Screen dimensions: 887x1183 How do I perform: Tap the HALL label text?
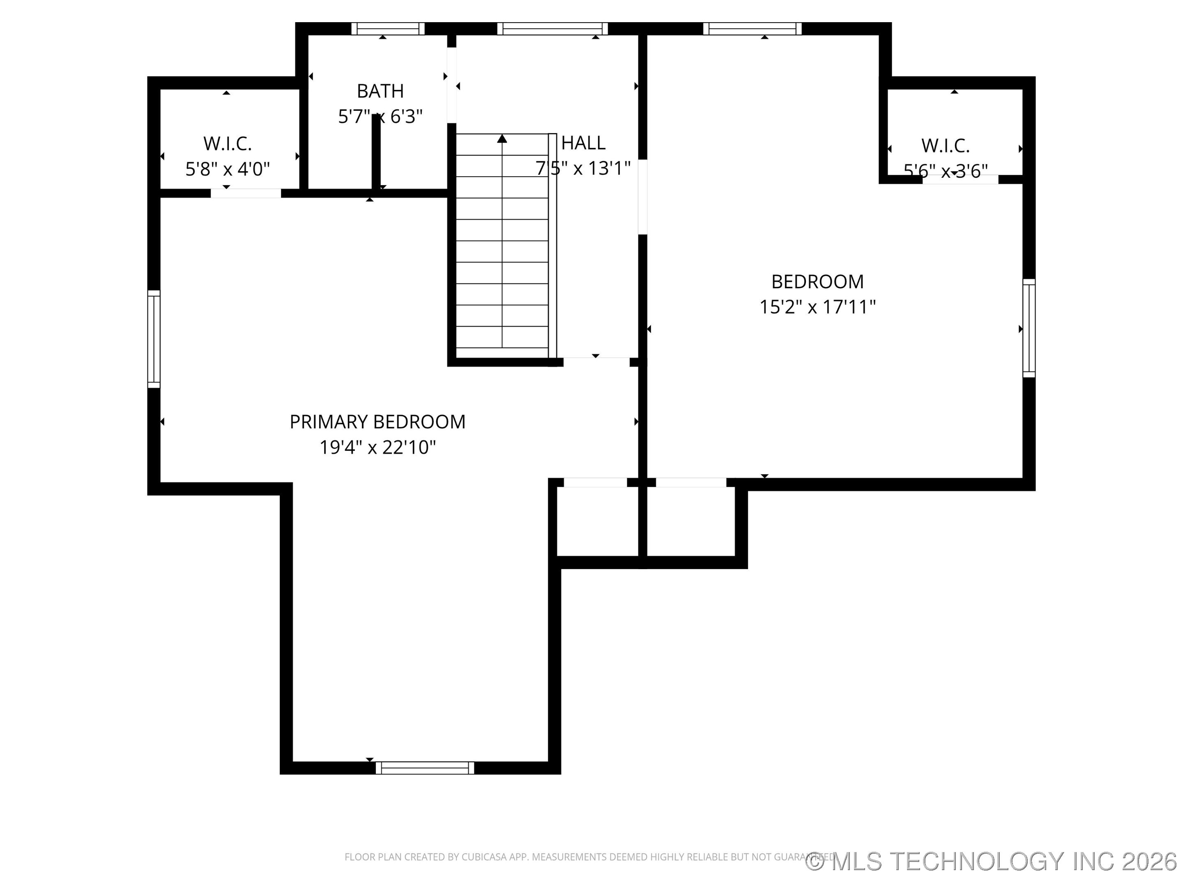(583, 143)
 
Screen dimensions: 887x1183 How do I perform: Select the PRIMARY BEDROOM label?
(377, 422)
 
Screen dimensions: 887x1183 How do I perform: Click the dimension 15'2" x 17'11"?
(817, 307)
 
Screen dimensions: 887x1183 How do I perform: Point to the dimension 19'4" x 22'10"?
(377, 447)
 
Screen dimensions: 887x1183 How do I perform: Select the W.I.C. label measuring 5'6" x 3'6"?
(945, 145)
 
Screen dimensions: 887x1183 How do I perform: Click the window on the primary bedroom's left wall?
(154, 339)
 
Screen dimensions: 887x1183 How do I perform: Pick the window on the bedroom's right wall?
(1029, 328)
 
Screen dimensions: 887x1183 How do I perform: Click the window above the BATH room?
(387, 29)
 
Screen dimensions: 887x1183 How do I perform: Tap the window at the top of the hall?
(552, 29)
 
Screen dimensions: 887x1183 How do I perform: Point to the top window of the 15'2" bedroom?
(752, 29)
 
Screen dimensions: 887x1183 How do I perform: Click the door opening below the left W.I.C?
(246, 193)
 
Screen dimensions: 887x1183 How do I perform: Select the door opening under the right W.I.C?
(960, 179)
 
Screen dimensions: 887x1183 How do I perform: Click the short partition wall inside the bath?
(376, 152)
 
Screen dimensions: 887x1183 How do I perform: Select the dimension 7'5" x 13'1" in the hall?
(583, 168)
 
